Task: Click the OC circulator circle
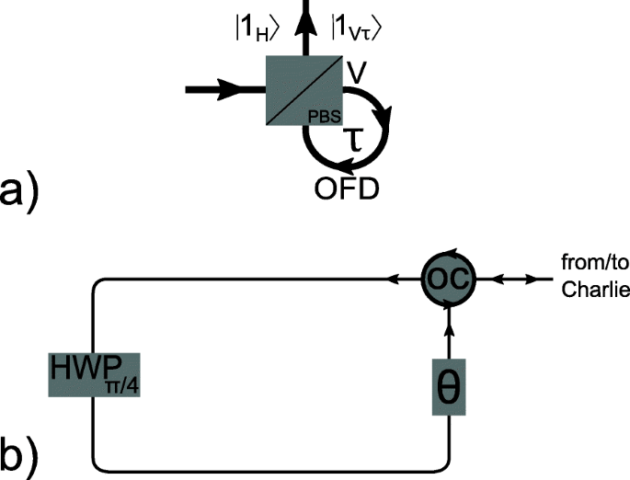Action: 449,276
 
